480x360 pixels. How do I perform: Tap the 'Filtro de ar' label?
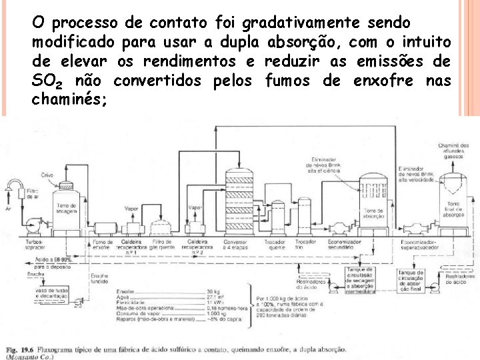point(33,193)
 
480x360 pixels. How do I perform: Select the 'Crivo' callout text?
point(47,175)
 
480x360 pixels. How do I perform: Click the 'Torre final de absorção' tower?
point(454,200)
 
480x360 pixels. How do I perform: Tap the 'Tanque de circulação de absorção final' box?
point(411,279)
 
